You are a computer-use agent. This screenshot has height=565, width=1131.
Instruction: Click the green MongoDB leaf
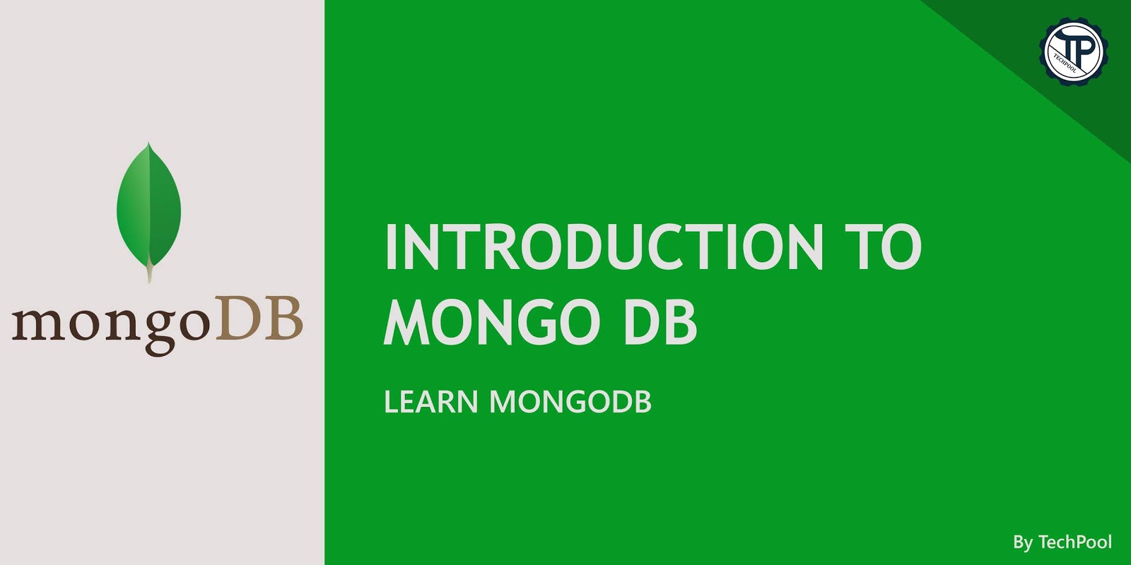point(148,205)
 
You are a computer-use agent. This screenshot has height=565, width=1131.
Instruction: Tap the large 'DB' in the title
point(660,323)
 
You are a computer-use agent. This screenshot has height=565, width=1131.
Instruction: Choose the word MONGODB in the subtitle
point(570,402)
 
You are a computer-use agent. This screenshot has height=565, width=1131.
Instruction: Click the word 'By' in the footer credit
point(1022,542)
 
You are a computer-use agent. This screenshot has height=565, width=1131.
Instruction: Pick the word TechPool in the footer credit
point(1075,542)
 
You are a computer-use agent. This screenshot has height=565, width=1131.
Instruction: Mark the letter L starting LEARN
point(390,402)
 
